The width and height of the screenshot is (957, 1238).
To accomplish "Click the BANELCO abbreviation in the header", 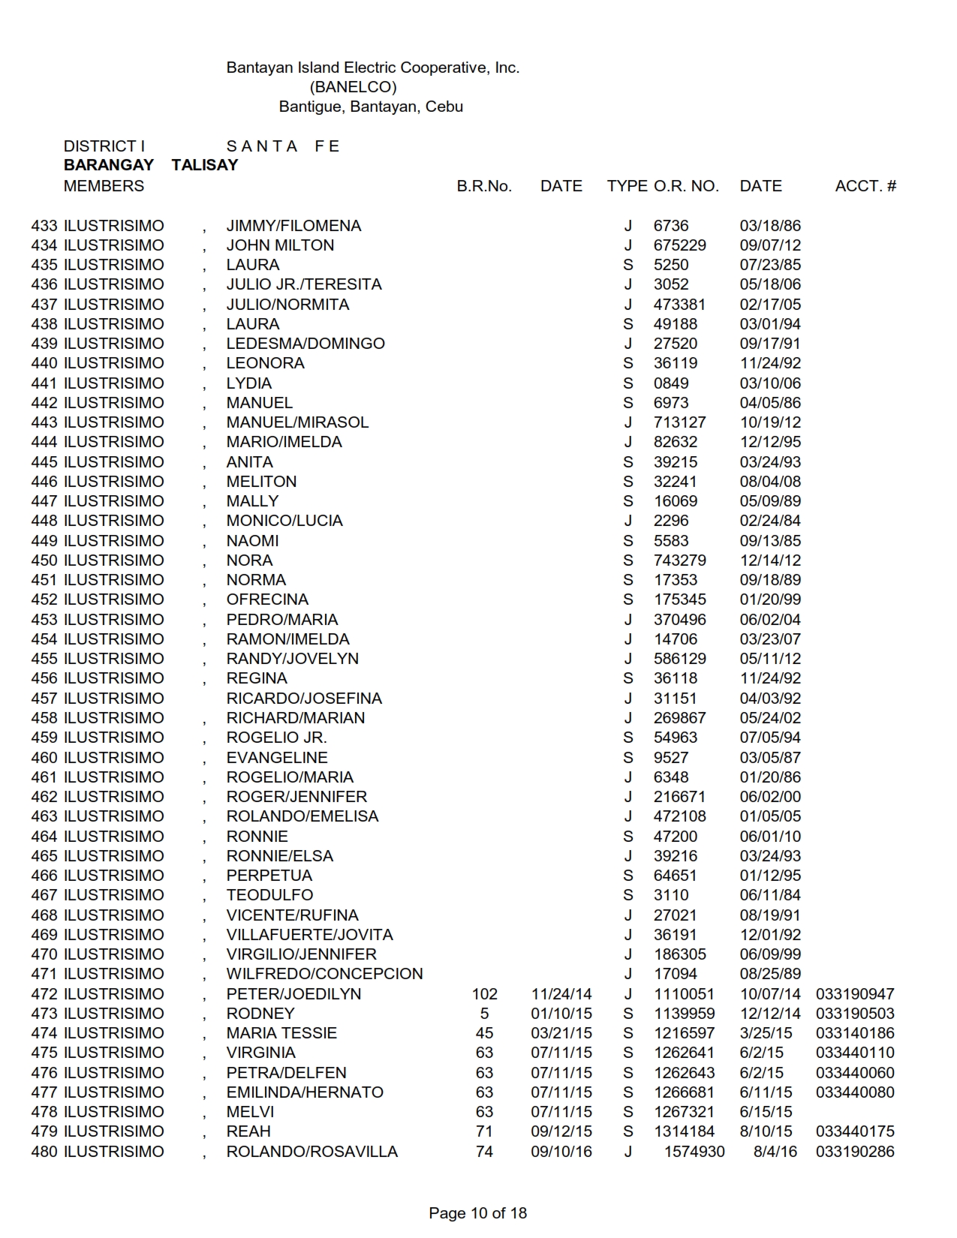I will click(x=353, y=87).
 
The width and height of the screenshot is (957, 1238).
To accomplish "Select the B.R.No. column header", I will click(x=484, y=186).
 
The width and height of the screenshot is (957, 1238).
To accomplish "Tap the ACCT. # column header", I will click(x=865, y=186).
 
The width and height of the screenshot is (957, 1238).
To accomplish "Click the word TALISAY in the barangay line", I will click(x=204, y=166).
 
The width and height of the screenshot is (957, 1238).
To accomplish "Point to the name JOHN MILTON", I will click(x=280, y=245).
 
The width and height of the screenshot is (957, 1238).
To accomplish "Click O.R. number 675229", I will click(x=679, y=245).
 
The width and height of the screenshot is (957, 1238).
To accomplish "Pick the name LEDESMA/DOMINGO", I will click(x=305, y=344).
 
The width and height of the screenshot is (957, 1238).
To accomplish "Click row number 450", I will click(x=44, y=560).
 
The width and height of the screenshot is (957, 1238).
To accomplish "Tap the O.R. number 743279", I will click(x=679, y=560).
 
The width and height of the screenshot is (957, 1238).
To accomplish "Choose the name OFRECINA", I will click(x=267, y=599).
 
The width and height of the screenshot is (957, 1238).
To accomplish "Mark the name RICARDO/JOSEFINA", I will click(x=304, y=699).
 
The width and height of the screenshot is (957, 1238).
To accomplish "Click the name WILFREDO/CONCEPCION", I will click(x=324, y=974).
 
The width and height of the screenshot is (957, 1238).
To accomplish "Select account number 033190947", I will click(x=855, y=994).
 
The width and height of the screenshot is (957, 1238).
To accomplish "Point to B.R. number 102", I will click(x=484, y=994).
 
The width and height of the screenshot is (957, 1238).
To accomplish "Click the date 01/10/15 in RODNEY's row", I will click(x=561, y=1014).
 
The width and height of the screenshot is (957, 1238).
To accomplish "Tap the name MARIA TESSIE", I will click(x=281, y=1033).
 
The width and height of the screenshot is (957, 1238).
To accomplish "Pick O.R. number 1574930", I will click(x=694, y=1152).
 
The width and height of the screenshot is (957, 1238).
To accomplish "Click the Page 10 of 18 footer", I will click(x=477, y=1213).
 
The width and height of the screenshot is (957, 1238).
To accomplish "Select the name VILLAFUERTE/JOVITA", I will click(x=309, y=935).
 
